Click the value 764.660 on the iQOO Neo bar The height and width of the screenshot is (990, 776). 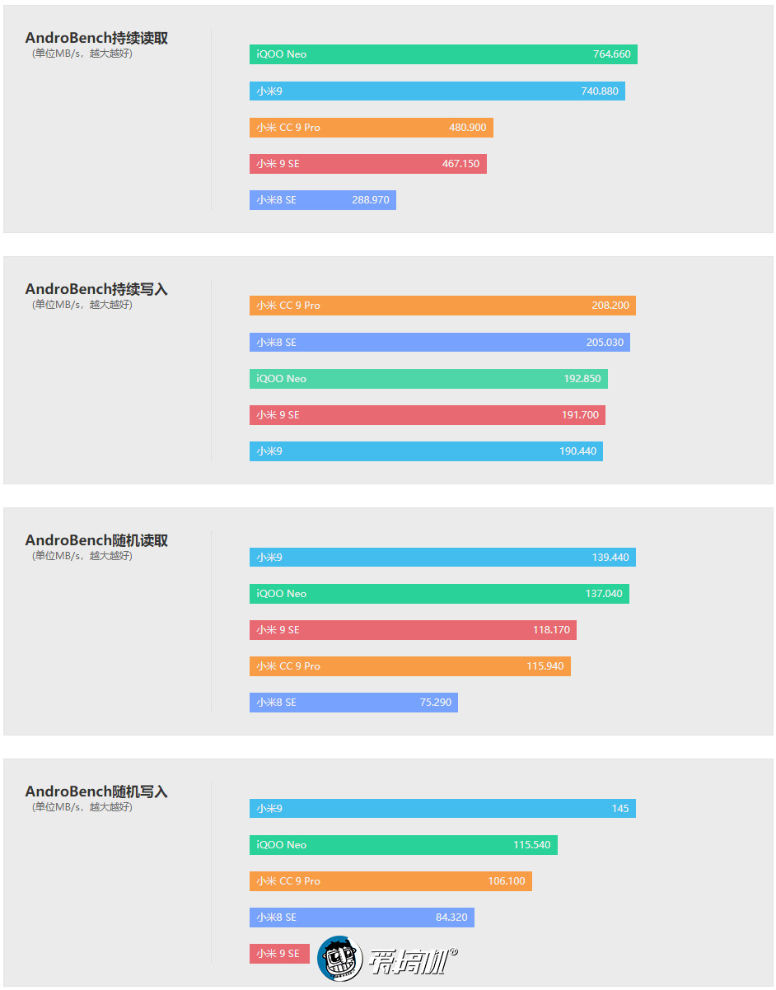coord(611,54)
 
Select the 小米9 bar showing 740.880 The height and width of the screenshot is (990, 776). coord(437,91)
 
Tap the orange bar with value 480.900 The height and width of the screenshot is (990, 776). coord(371,128)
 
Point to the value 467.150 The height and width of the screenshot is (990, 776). coord(460,164)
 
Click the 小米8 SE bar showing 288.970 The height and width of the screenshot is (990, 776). coord(322,200)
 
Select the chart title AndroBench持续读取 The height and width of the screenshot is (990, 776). coord(96,39)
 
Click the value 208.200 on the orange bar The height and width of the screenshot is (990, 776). coord(610,306)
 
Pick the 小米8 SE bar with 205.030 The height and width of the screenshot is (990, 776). coord(439,342)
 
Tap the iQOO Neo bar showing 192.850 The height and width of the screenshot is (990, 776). coord(428,379)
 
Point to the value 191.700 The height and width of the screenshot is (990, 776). coord(580,415)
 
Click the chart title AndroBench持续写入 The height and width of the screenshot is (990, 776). coord(96,290)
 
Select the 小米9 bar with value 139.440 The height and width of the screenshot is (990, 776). coord(442,558)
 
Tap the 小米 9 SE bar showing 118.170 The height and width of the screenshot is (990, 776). coord(413,630)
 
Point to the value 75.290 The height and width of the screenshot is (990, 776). coord(436,703)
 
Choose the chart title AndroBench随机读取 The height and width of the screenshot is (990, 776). coord(96,541)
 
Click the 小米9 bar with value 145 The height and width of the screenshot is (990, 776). coord(442,809)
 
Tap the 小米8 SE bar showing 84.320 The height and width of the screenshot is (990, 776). coord(362,918)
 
